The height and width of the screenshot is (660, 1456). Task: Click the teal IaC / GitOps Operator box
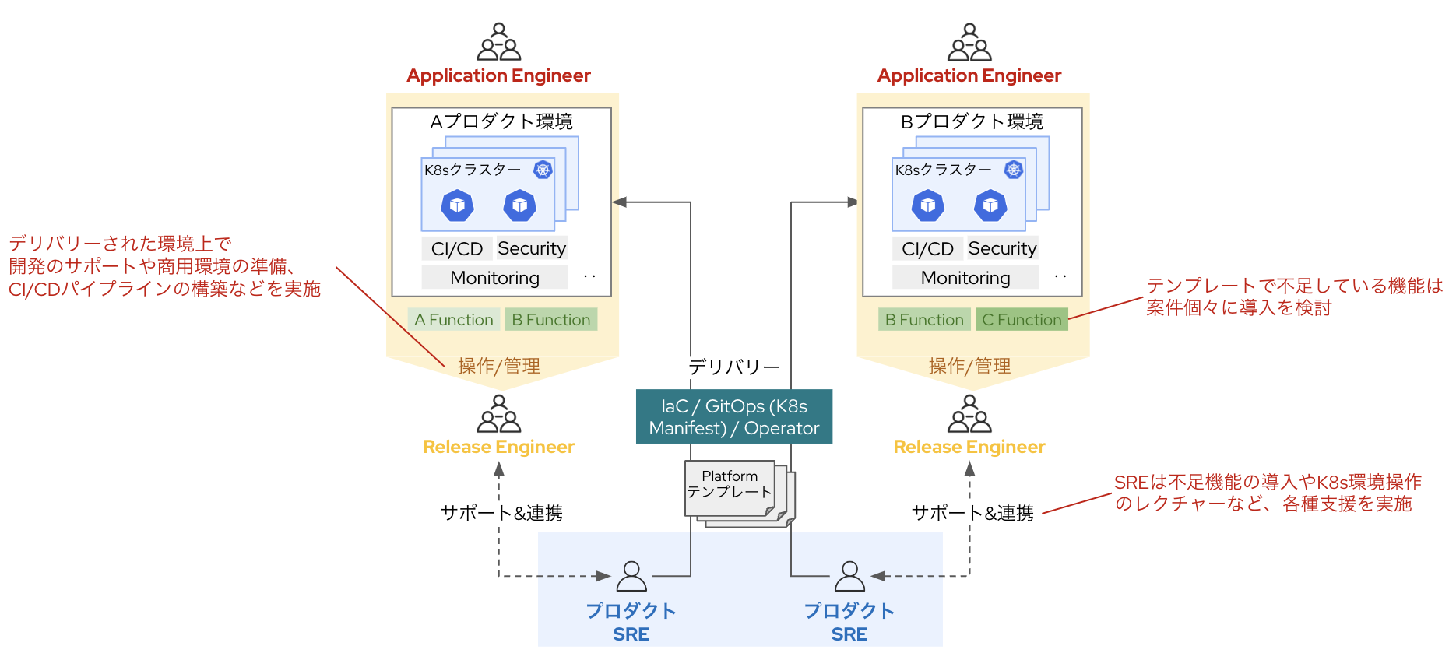[x=733, y=416]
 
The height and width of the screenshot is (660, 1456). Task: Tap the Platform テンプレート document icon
[x=730, y=488]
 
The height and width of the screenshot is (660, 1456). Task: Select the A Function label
[x=453, y=320]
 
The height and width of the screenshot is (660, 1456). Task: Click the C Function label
[x=1021, y=320]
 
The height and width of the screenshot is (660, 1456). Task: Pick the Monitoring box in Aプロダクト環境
[x=494, y=278]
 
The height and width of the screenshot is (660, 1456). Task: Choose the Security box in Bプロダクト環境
[x=1002, y=248]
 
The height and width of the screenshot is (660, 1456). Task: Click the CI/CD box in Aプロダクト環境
[x=457, y=248]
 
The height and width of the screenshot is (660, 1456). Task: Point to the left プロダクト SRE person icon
[x=631, y=577]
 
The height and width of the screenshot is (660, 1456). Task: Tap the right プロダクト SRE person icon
[x=849, y=577]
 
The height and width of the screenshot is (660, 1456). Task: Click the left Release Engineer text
[x=498, y=447]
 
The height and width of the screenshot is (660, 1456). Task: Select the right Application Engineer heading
[x=969, y=75]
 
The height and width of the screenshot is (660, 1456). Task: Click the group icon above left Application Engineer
[x=499, y=42]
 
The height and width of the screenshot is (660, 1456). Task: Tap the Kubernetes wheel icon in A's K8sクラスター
[x=543, y=170]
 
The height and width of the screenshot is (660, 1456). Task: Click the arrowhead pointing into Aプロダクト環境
[x=620, y=202]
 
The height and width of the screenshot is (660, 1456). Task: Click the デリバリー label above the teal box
[x=733, y=367]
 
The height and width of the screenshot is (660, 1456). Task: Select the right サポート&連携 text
[x=972, y=513]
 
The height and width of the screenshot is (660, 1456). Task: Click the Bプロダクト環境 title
[x=972, y=121]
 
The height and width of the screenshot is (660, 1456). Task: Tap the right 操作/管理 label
[x=969, y=366]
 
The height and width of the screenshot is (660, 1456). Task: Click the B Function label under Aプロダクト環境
[x=550, y=320]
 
